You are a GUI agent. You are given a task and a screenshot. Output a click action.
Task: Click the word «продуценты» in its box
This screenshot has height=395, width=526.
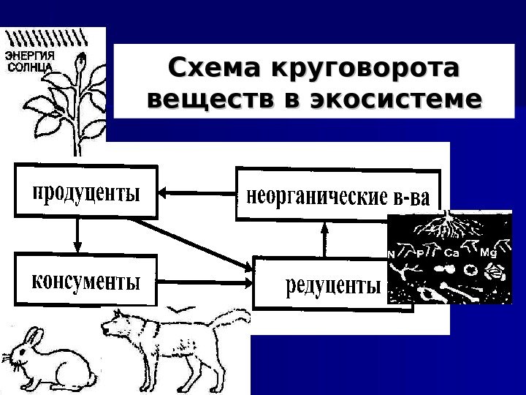click(85, 194)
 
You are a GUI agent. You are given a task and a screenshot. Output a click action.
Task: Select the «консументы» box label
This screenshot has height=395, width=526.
click(85, 281)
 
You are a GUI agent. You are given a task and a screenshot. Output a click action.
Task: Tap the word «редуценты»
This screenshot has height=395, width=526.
click(332, 285)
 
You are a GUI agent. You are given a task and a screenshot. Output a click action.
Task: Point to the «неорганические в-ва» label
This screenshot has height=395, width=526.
click(340, 196)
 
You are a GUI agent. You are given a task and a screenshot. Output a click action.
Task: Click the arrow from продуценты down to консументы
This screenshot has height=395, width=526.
click(77, 236)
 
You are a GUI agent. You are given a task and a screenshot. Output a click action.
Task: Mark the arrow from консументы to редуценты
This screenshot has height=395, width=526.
click(205, 281)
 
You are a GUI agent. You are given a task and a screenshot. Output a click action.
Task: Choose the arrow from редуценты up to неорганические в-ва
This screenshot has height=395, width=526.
click(326, 238)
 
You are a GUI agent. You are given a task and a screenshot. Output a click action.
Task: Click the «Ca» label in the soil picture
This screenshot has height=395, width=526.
click(451, 253)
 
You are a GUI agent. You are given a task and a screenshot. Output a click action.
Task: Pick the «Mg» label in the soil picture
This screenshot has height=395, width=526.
click(489, 253)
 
